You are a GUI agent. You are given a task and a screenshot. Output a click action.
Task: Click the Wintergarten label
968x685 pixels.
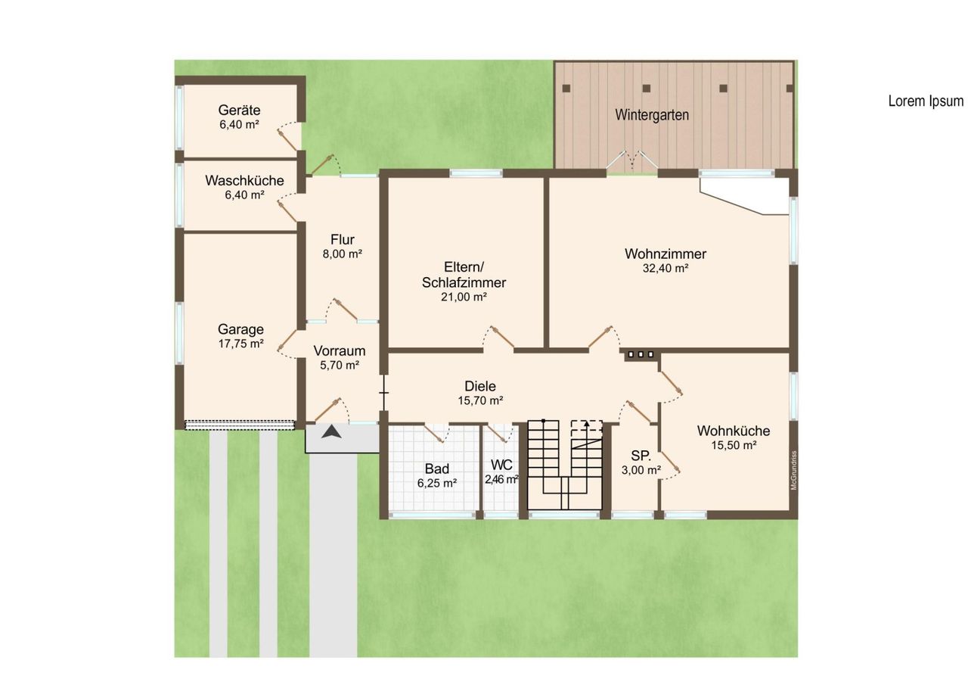click(x=652, y=115)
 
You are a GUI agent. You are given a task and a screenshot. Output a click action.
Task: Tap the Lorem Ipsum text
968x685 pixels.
click(x=926, y=101)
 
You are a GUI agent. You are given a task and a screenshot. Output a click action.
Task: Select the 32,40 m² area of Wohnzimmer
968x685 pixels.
click(x=665, y=268)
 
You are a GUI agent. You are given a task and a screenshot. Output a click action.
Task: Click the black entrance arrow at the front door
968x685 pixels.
click(x=331, y=431)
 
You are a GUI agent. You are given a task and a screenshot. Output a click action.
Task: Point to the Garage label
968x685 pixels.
click(x=240, y=329)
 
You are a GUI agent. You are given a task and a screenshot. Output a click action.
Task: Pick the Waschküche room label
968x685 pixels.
click(x=244, y=180)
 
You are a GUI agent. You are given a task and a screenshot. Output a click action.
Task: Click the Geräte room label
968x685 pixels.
click(x=240, y=110)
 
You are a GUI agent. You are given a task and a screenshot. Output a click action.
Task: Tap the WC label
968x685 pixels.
click(x=501, y=465)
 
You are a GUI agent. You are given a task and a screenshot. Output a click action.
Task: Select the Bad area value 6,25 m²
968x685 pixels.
click(x=437, y=483)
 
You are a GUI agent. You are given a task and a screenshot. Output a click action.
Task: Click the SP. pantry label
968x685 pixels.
click(x=641, y=456)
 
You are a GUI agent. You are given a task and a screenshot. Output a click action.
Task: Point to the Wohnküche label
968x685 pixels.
click(x=734, y=431)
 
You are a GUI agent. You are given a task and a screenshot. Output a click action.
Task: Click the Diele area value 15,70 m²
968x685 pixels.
click(x=480, y=400)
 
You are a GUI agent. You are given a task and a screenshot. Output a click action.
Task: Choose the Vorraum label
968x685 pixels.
click(x=340, y=350)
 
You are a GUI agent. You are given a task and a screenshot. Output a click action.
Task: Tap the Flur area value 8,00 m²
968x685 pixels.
click(x=343, y=254)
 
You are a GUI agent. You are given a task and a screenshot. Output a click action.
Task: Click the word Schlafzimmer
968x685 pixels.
click(x=464, y=282)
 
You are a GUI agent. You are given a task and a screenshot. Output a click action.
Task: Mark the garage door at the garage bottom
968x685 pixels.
click(x=240, y=425)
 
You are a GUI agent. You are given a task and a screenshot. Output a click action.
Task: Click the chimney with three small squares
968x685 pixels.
click(x=641, y=354)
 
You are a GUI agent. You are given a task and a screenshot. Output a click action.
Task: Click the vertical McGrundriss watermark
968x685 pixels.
click(x=793, y=470)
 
